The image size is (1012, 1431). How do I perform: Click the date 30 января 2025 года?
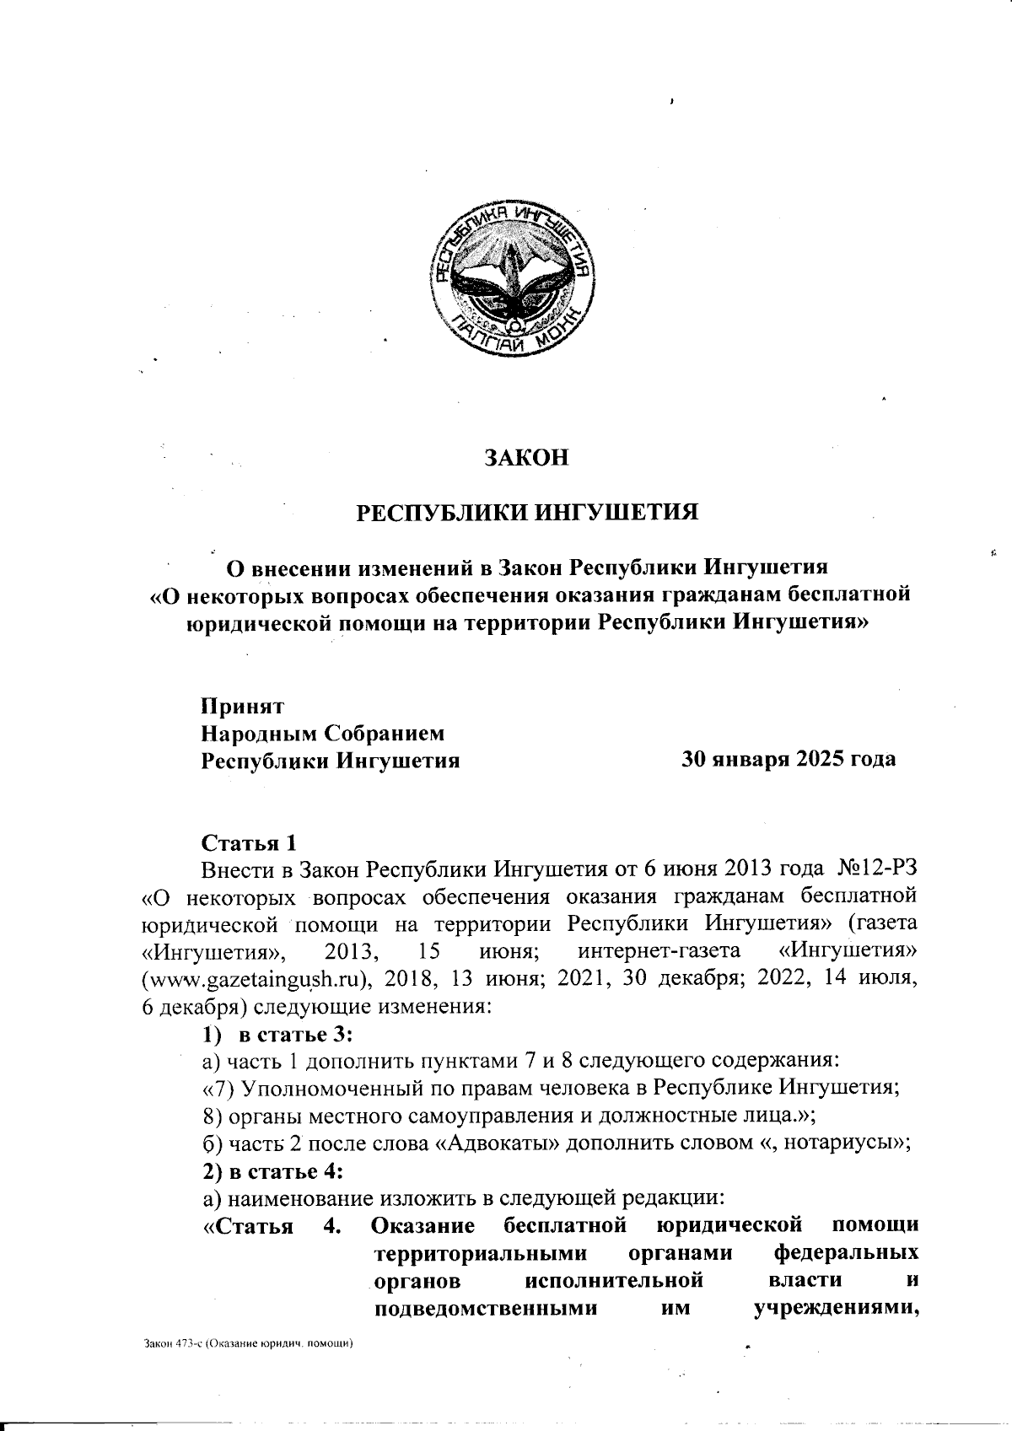788,759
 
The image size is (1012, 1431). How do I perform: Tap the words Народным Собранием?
322,734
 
